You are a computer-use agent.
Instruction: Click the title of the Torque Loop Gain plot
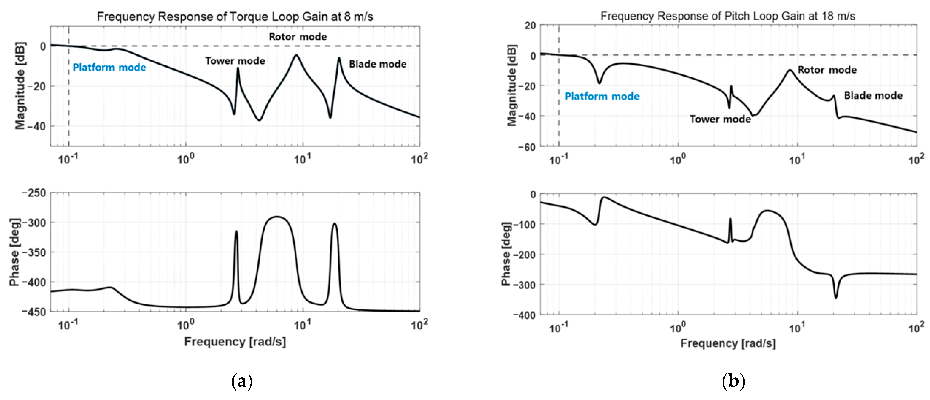point(235,17)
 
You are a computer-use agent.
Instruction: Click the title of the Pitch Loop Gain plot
point(727,16)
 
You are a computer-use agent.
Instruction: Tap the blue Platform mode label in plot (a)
point(109,68)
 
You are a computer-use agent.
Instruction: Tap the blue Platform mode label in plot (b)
point(602,96)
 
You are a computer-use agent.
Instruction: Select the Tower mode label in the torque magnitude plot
point(235,61)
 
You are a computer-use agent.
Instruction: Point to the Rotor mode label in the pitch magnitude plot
point(827,70)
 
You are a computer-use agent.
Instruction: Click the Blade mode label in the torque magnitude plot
point(378,64)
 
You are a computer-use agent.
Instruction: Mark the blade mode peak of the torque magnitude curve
point(339,58)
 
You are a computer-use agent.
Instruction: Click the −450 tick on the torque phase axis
point(34,312)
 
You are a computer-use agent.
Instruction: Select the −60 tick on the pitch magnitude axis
point(527,147)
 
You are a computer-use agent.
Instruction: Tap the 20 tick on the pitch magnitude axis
point(530,26)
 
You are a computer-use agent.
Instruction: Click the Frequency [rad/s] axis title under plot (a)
point(235,341)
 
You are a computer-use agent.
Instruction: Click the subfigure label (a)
point(242,382)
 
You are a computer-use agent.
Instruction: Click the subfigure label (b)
point(733,382)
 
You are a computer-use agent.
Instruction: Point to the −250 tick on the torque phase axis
point(34,193)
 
